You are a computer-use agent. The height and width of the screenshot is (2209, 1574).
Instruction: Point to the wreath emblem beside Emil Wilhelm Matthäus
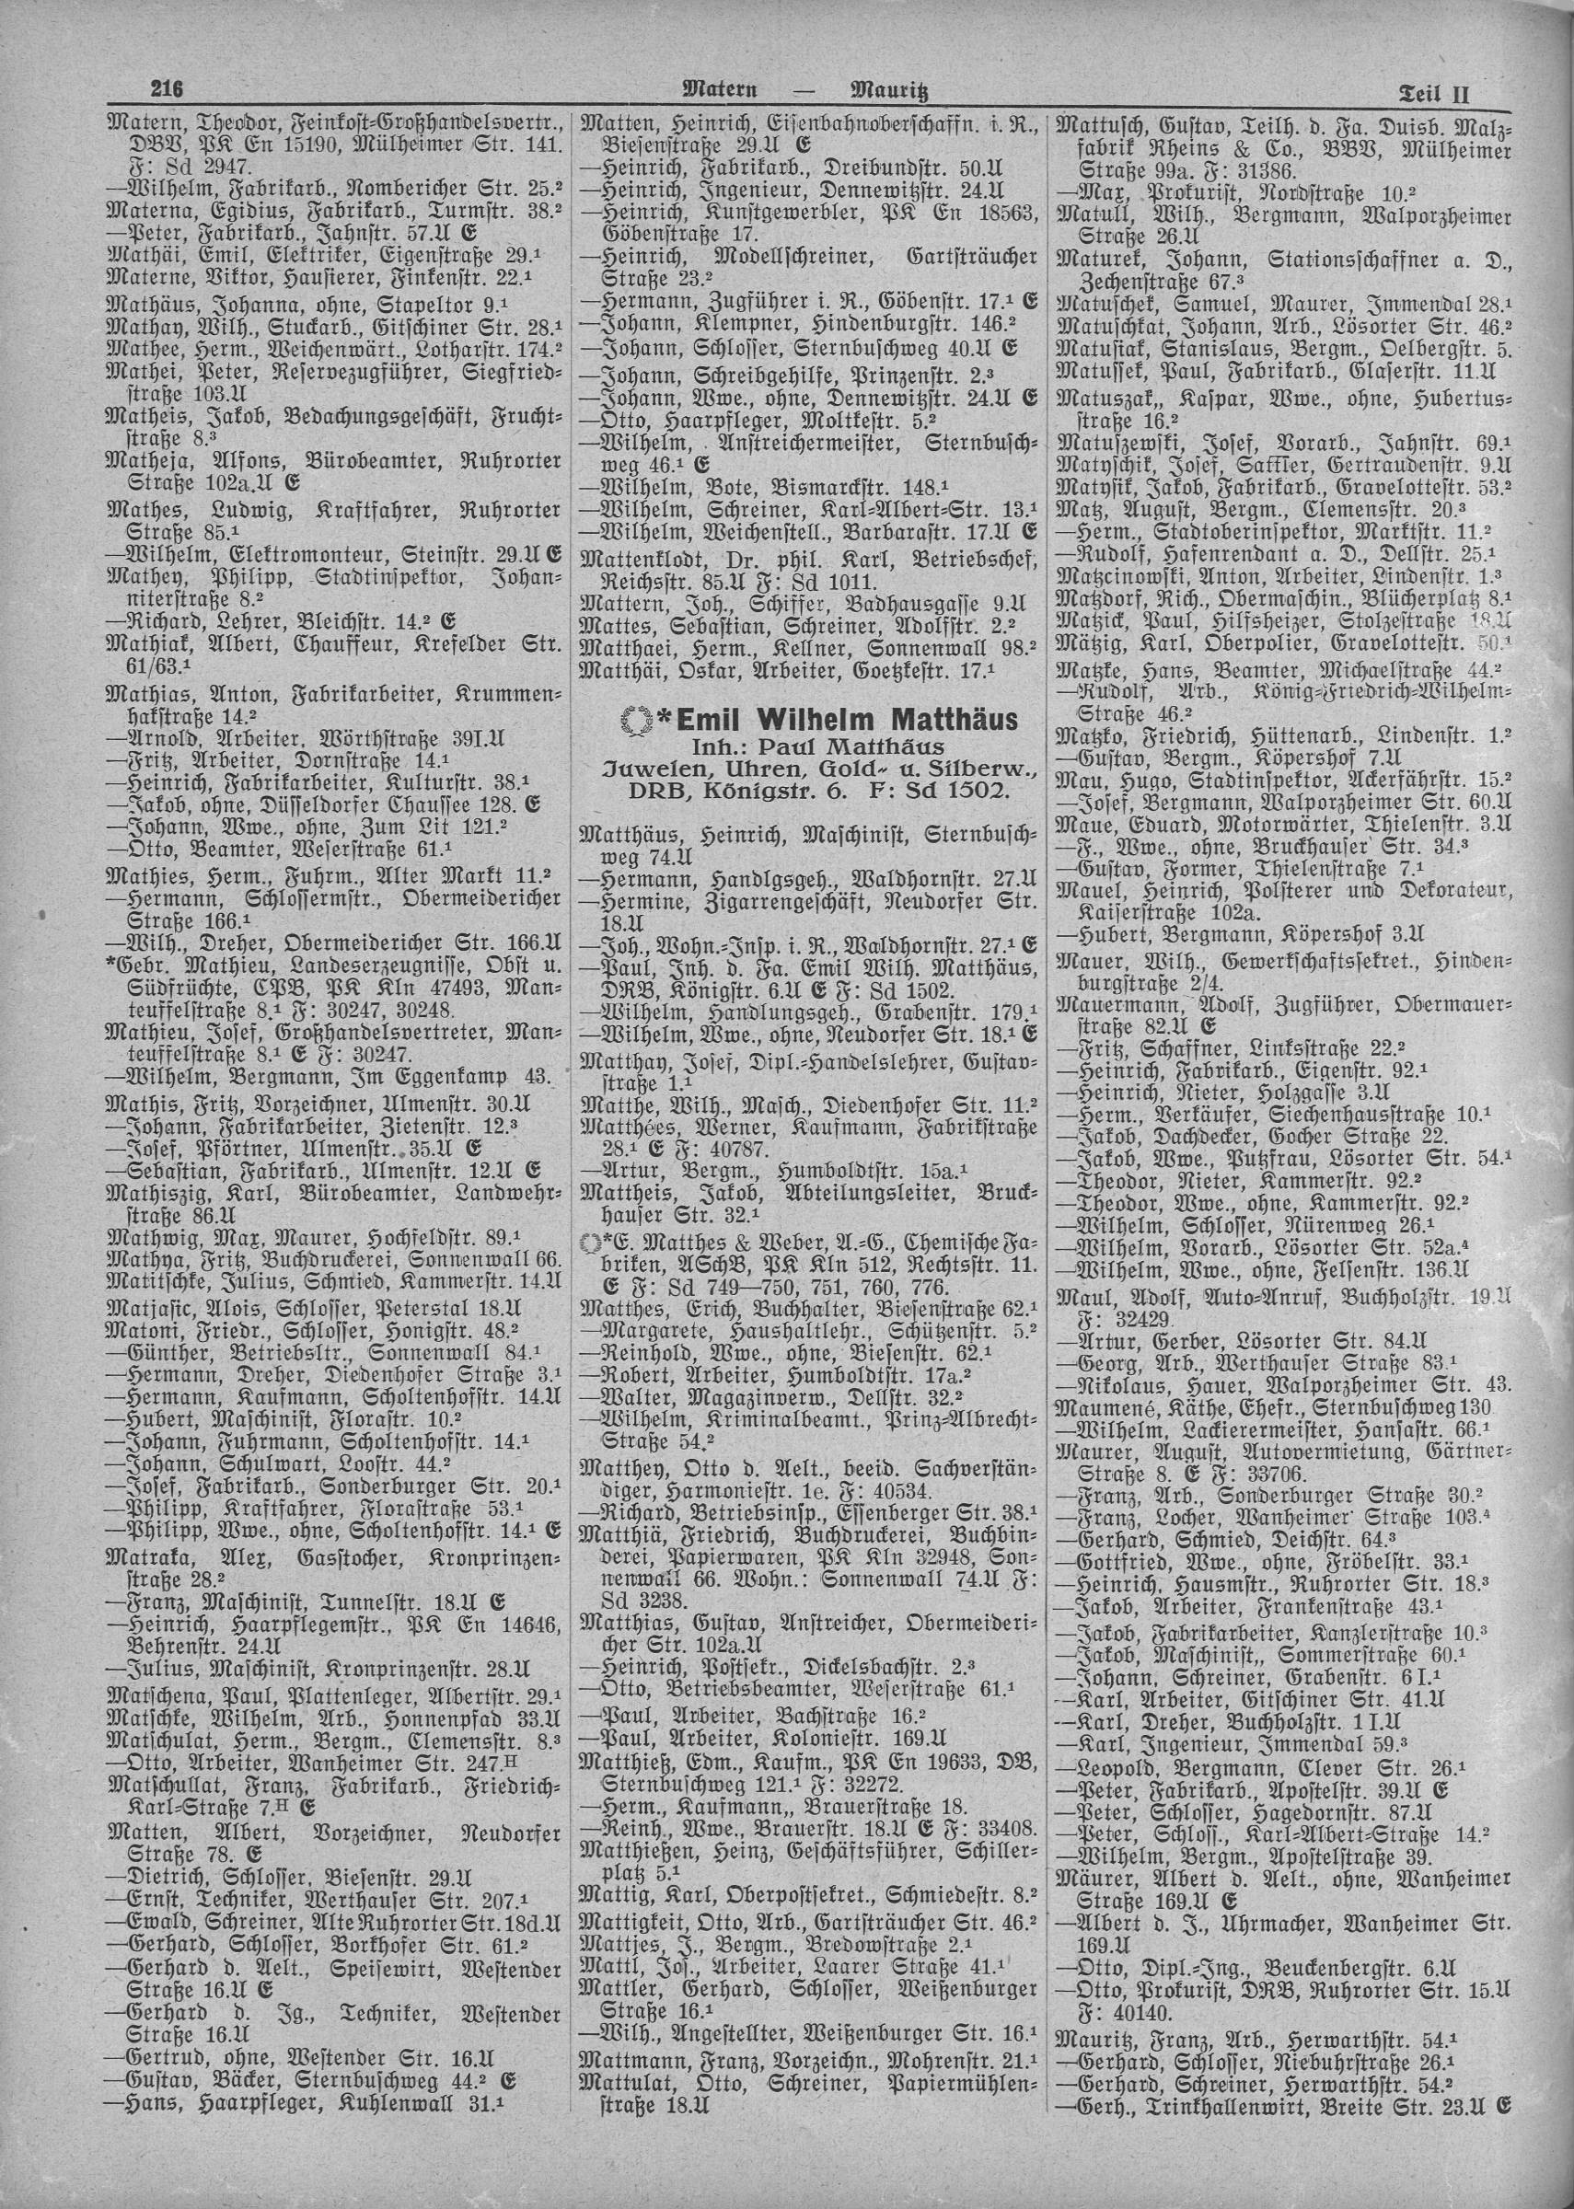[x=635, y=720]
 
